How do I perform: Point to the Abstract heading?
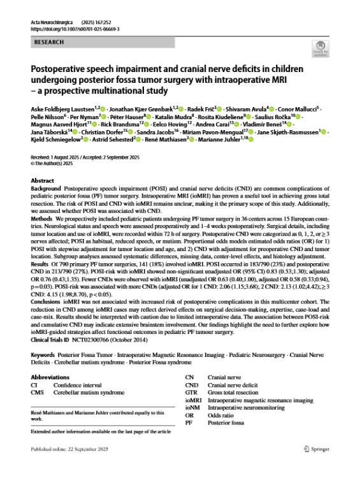[x=42, y=180]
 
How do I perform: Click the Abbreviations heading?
[x=51, y=377]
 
